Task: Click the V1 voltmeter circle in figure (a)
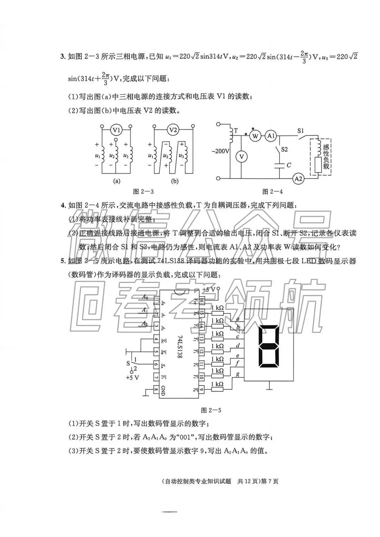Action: click(116, 130)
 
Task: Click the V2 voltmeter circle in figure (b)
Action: click(173, 130)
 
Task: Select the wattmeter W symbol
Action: click(256, 136)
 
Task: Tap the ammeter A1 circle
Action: click(271, 136)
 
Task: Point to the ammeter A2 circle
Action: click(298, 179)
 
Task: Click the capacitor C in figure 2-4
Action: click(279, 165)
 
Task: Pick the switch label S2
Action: click(284, 149)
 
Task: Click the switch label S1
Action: click(300, 131)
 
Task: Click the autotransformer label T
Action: click(236, 130)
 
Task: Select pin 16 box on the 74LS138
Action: click(202, 301)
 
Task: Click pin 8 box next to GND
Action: click(156, 389)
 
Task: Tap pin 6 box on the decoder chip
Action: click(156, 365)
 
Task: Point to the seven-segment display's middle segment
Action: click(269, 347)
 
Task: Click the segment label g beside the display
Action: click(238, 375)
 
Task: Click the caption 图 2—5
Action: click(210, 410)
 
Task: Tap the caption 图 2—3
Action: click(143, 192)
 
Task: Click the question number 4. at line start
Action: click(63, 205)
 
